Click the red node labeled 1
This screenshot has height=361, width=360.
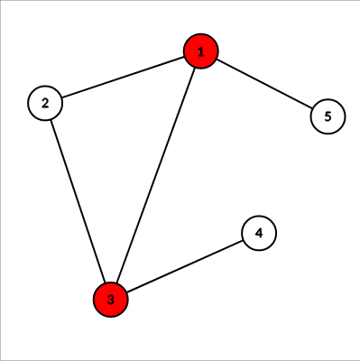[201, 52]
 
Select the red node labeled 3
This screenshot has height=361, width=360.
[111, 300]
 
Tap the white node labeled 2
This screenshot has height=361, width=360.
[45, 102]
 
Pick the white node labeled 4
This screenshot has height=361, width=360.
[259, 233]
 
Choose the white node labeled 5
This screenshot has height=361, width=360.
[328, 116]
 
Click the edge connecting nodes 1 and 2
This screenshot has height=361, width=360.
[123, 78]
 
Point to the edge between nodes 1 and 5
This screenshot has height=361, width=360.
[264, 84]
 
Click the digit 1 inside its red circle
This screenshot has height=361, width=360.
[201, 52]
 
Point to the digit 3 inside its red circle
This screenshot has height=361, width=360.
[111, 300]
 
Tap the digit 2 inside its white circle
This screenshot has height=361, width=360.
[45, 102]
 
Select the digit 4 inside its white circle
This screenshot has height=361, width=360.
[259, 233]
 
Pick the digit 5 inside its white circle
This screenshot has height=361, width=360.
[328, 116]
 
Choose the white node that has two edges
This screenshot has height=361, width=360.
[45, 102]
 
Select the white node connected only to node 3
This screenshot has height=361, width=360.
[259, 233]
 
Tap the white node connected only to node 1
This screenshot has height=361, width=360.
[328, 116]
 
